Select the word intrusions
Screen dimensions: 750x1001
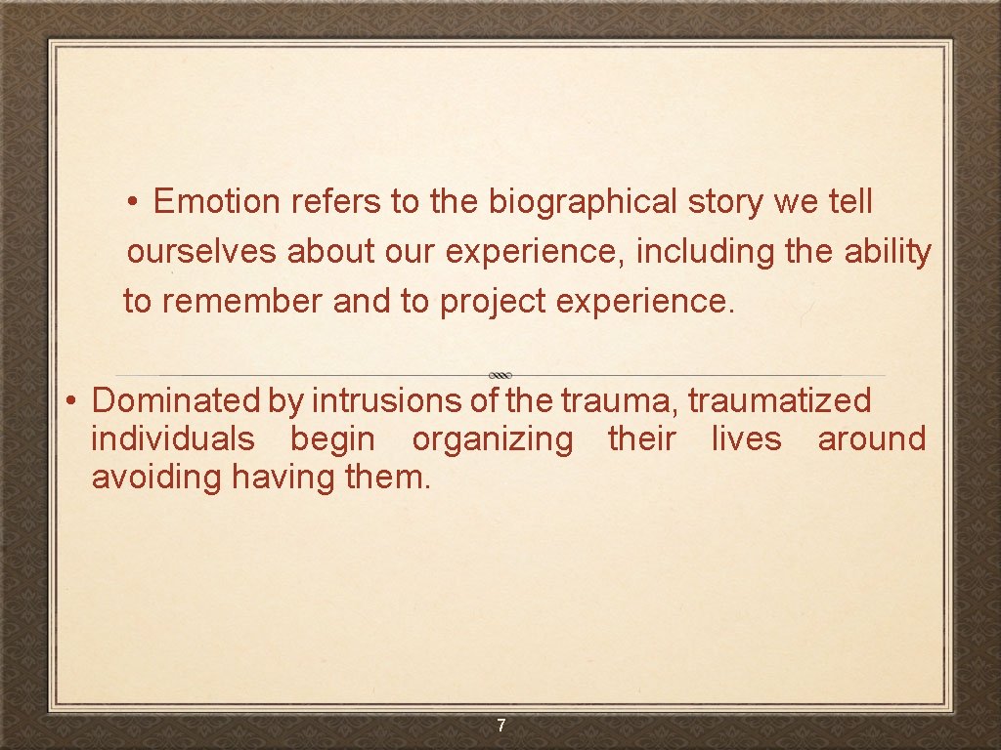coord(369,400)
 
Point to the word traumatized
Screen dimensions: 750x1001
coord(779,400)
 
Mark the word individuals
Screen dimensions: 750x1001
coord(173,439)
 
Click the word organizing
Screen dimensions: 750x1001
coord(493,439)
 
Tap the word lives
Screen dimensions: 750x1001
coord(746,439)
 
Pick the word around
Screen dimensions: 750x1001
coord(872,439)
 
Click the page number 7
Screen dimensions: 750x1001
coord(500,726)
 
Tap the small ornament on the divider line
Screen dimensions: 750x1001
coord(500,375)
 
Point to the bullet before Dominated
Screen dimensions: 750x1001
coord(71,401)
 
